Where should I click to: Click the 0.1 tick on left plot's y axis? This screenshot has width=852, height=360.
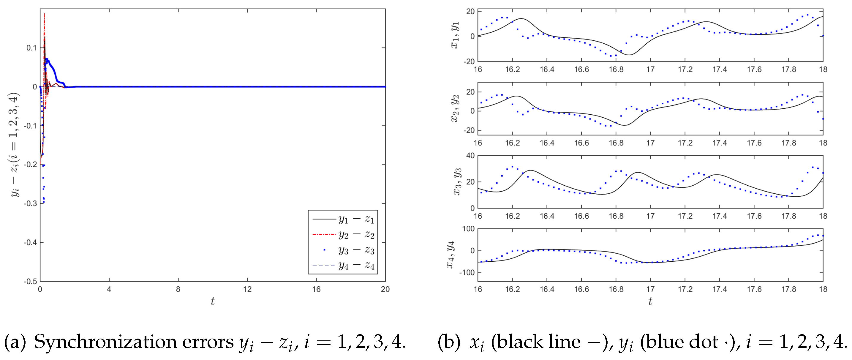31,48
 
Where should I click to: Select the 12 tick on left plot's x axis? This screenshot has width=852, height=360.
247,290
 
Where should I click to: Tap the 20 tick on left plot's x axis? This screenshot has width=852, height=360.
385,290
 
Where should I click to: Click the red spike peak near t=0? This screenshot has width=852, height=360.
44,14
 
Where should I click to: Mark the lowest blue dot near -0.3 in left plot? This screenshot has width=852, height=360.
44,202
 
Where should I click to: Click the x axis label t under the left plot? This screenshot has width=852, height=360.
212,301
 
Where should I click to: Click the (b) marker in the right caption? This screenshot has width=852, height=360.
448,342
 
